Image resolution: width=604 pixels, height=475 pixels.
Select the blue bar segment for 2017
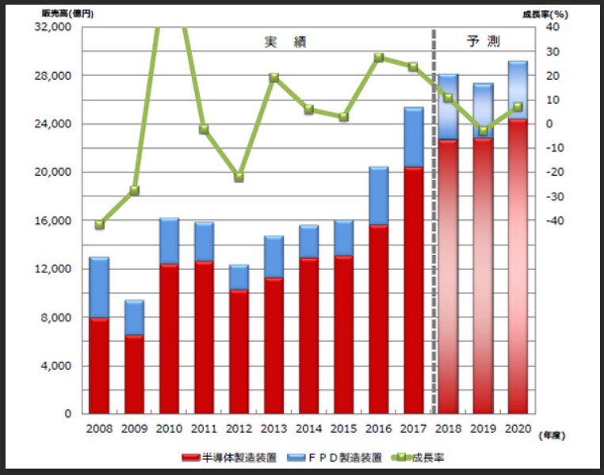pos(414,137)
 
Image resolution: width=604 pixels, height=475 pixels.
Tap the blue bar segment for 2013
pos(273,256)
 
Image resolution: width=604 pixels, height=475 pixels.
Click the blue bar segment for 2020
pos(518,90)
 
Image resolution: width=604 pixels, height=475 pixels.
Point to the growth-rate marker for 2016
pos(379,58)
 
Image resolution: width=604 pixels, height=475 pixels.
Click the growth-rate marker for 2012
pos(239,177)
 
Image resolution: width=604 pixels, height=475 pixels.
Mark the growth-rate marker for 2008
pos(99,225)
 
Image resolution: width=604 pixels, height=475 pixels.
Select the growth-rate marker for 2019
pos(483,131)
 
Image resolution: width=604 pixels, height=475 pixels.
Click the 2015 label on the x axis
pos(343,428)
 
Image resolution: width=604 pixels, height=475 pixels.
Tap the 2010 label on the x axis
pos(169,428)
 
